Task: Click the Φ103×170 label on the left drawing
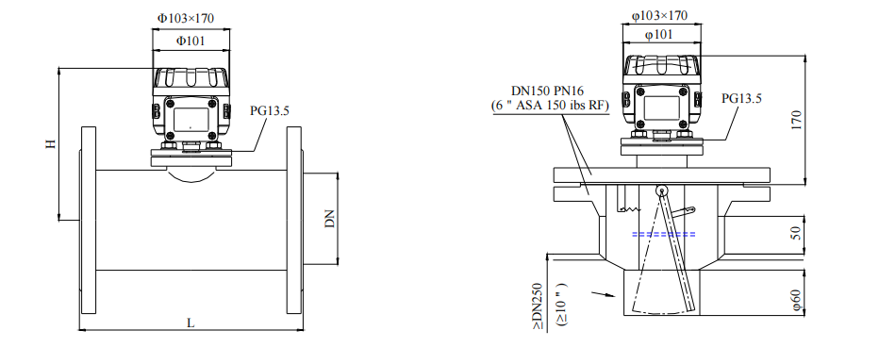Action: click(185, 18)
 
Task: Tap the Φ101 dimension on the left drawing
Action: click(191, 41)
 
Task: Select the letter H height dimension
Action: click(51, 143)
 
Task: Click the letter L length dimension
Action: click(191, 323)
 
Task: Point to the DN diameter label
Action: click(330, 219)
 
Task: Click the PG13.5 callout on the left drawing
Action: click(270, 110)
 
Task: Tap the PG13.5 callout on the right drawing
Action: click(741, 99)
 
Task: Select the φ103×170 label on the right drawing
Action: click(659, 16)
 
